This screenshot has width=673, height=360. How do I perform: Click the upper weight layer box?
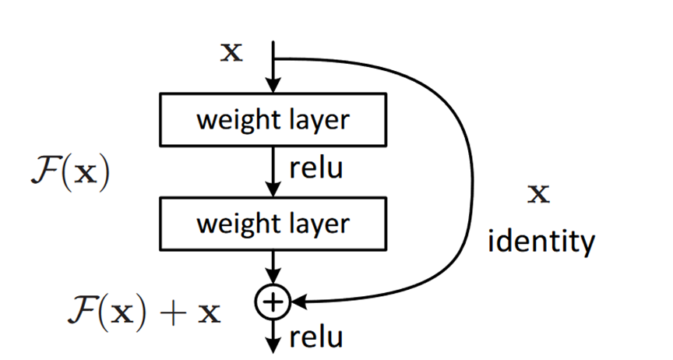[273, 121]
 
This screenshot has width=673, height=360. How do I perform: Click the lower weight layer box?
[273, 224]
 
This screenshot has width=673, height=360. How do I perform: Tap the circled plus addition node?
[273, 300]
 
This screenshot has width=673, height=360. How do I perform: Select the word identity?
[541, 242]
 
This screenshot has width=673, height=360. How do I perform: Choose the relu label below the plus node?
[315, 337]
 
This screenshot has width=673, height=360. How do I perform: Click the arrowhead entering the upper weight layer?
[273, 86]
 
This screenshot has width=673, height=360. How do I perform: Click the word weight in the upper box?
[231, 121]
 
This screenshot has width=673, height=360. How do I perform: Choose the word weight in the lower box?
[231, 224]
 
